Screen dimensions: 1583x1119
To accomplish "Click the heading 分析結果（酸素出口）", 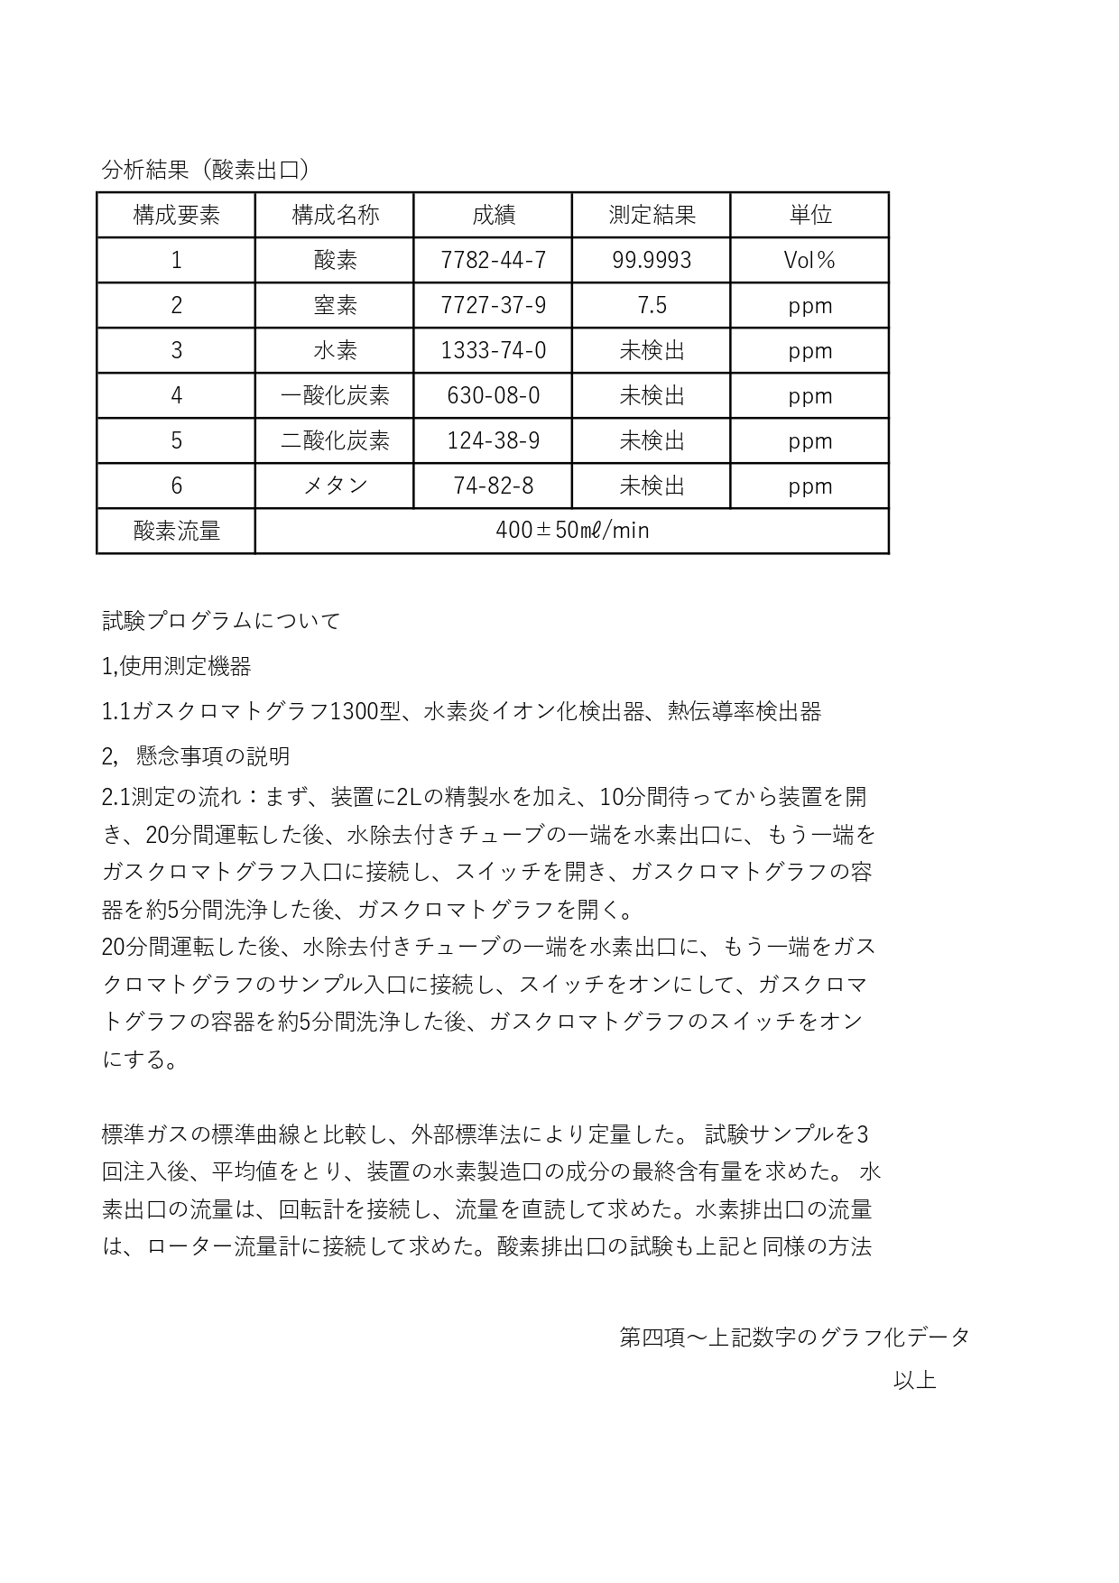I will point(207,170).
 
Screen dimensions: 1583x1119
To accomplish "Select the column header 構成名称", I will point(335,215).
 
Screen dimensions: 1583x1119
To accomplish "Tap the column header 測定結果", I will point(652,215).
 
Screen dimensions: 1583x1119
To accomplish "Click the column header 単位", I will point(809,215).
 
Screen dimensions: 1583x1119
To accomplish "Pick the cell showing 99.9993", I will point(652,260).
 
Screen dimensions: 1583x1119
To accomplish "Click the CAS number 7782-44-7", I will point(493,260).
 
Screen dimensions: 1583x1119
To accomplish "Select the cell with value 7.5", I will point(652,305).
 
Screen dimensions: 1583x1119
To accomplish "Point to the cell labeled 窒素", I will point(335,305).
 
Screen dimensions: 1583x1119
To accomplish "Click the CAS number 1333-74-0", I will point(493,350).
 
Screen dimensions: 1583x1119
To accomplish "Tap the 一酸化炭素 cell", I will point(335,395).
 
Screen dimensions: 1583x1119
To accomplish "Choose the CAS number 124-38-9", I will point(493,440).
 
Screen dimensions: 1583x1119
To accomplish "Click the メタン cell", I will point(335,486).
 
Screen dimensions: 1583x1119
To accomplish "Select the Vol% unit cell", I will point(809,260).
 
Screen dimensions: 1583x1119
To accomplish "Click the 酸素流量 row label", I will point(176,531).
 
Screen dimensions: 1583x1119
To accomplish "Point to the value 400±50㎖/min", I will point(572,531).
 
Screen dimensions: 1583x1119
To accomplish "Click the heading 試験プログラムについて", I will point(221,621).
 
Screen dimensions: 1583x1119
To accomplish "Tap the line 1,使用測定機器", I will point(177,666).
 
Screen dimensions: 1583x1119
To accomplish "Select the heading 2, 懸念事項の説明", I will point(196,755).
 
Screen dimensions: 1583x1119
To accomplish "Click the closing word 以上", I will point(914,1380).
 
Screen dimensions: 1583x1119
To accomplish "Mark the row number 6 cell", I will point(176,486).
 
